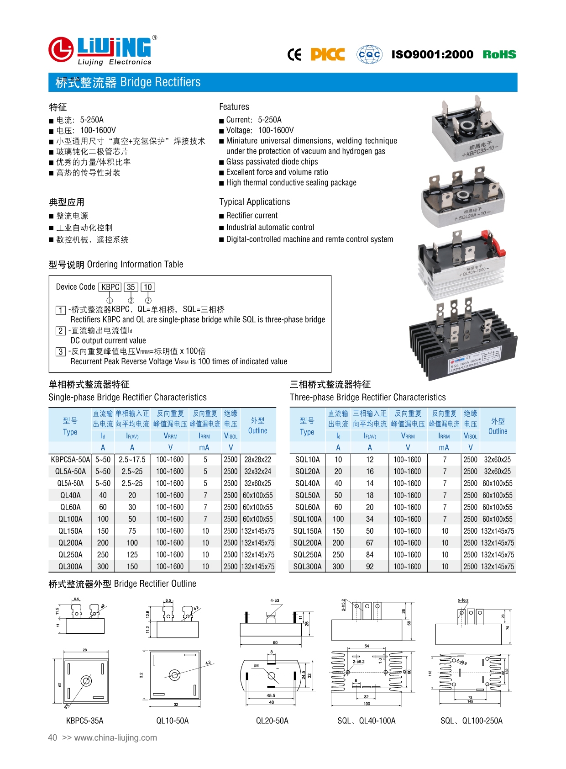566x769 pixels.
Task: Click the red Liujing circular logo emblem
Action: (61, 49)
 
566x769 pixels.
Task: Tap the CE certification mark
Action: (294, 55)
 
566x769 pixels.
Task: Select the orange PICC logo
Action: (327, 54)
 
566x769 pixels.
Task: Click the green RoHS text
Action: (499, 54)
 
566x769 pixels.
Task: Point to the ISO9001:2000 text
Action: (432, 54)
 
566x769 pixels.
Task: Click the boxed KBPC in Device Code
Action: (110, 287)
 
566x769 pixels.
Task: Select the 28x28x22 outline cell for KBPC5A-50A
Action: (257, 460)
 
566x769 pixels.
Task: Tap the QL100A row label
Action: (70, 519)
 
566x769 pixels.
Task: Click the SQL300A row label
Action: (307, 567)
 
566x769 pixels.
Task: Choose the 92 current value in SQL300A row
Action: (370, 567)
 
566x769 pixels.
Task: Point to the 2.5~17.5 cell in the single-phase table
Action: (132, 460)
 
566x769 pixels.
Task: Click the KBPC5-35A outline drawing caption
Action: (84, 721)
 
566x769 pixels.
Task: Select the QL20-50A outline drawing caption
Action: (272, 721)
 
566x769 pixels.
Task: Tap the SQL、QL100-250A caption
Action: (471, 721)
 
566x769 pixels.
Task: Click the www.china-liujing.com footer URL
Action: (115, 737)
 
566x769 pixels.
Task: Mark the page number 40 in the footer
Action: (52, 737)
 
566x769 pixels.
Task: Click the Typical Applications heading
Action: (254, 202)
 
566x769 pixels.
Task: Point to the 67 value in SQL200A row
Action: (370, 543)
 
